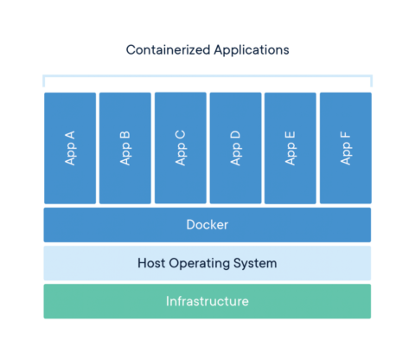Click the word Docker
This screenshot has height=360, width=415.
pyautogui.click(x=207, y=225)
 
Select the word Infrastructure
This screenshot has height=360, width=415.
pyautogui.click(x=207, y=301)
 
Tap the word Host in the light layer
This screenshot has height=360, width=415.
pyautogui.click(x=153, y=263)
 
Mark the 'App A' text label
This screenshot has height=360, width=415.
pyautogui.click(x=69, y=148)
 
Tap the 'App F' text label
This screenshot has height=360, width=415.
pyautogui.click(x=346, y=148)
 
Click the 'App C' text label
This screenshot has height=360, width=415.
pyautogui.click(x=180, y=148)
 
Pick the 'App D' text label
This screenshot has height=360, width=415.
pyautogui.click(x=235, y=148)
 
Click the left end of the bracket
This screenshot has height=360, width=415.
pyautogui.click(x=43, y=81)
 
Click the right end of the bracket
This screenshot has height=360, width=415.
pyautogui.click(x=372, y=81)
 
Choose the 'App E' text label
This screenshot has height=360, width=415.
pyautogui.click(x=290, y=148)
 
